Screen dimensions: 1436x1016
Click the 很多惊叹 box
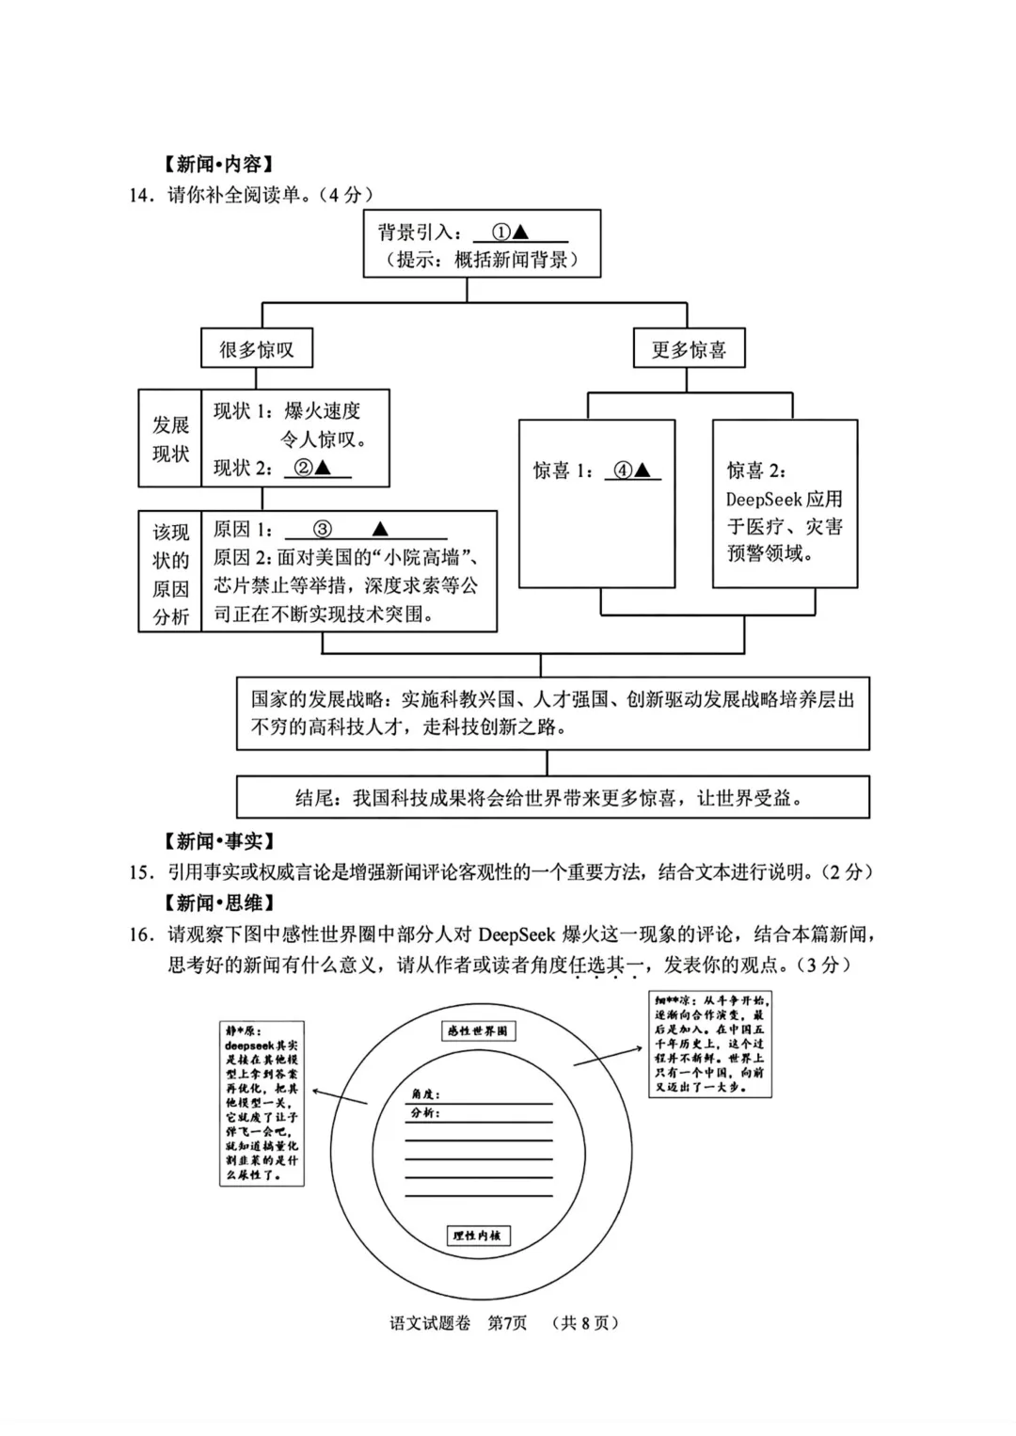(x=257, y=349)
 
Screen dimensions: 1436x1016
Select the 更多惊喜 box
(x=689, y=349)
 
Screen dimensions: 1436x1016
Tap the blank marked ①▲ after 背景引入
(x=520, y=232)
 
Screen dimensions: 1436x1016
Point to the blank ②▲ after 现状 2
(x=318, y=468)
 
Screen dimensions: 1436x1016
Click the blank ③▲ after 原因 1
(x=365, y=529)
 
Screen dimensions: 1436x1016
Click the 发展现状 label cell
(x=170, y=439)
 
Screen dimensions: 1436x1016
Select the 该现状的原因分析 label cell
(x=170, y=572)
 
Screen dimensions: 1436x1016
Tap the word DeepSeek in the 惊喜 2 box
(x=763, y=499)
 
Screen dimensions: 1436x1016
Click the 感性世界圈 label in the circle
(x=478, y=1030)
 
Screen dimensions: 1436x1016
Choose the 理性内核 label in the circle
(x=478, y=1235)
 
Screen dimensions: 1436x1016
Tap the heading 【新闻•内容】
(x=218, y=164)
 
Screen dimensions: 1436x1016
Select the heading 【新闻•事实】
(x=218, y=840)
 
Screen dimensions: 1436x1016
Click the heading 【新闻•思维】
(x=218, y=902)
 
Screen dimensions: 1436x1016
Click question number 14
(x=140, y=195)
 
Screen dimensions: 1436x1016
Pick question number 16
(x=140, y=934)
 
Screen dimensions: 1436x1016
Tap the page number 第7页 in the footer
(x=507, y=1322)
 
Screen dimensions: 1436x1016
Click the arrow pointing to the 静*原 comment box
(x=339, y=1096)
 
